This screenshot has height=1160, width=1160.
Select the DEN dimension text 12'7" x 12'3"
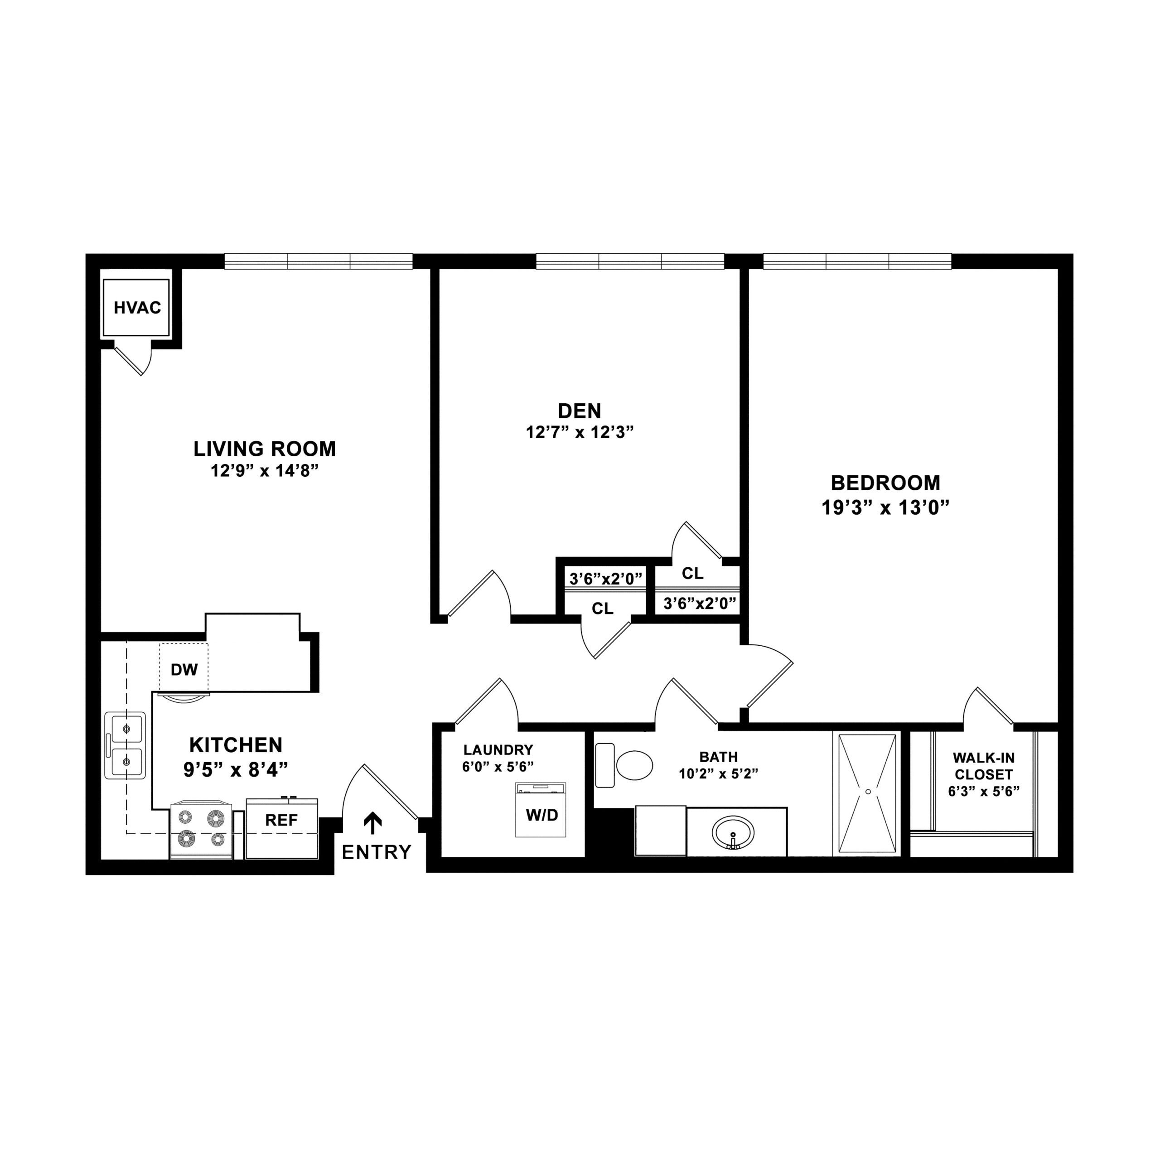(x=580, y=432)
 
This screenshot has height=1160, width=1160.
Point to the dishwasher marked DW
(x=184, y=668)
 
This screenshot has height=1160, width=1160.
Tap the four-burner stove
(x=201, y=829)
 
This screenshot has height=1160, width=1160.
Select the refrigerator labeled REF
(x=281, y=828)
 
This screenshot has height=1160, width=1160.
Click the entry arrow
(x=373, y=823)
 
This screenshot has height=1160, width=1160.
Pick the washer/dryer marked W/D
(x=541, y=809)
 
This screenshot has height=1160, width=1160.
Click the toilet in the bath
(x=624, y=765)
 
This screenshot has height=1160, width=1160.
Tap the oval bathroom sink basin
(x=733, y=833)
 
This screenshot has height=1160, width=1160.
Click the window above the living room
(x=319, y=261)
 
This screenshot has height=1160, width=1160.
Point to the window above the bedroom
(x=857, y=261)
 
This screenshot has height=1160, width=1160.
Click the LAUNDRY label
(x=498, y=750)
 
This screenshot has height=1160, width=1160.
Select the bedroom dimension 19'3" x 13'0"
(x=885, y=508)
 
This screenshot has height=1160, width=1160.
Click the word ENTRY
(x=377, y=852)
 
